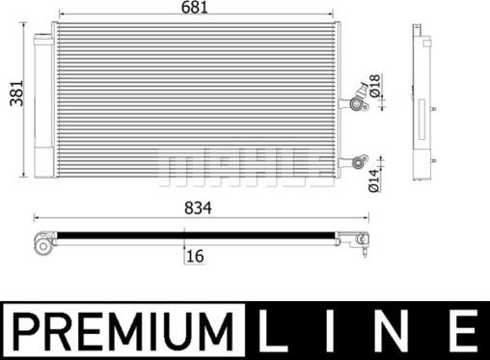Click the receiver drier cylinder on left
(43, 106)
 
